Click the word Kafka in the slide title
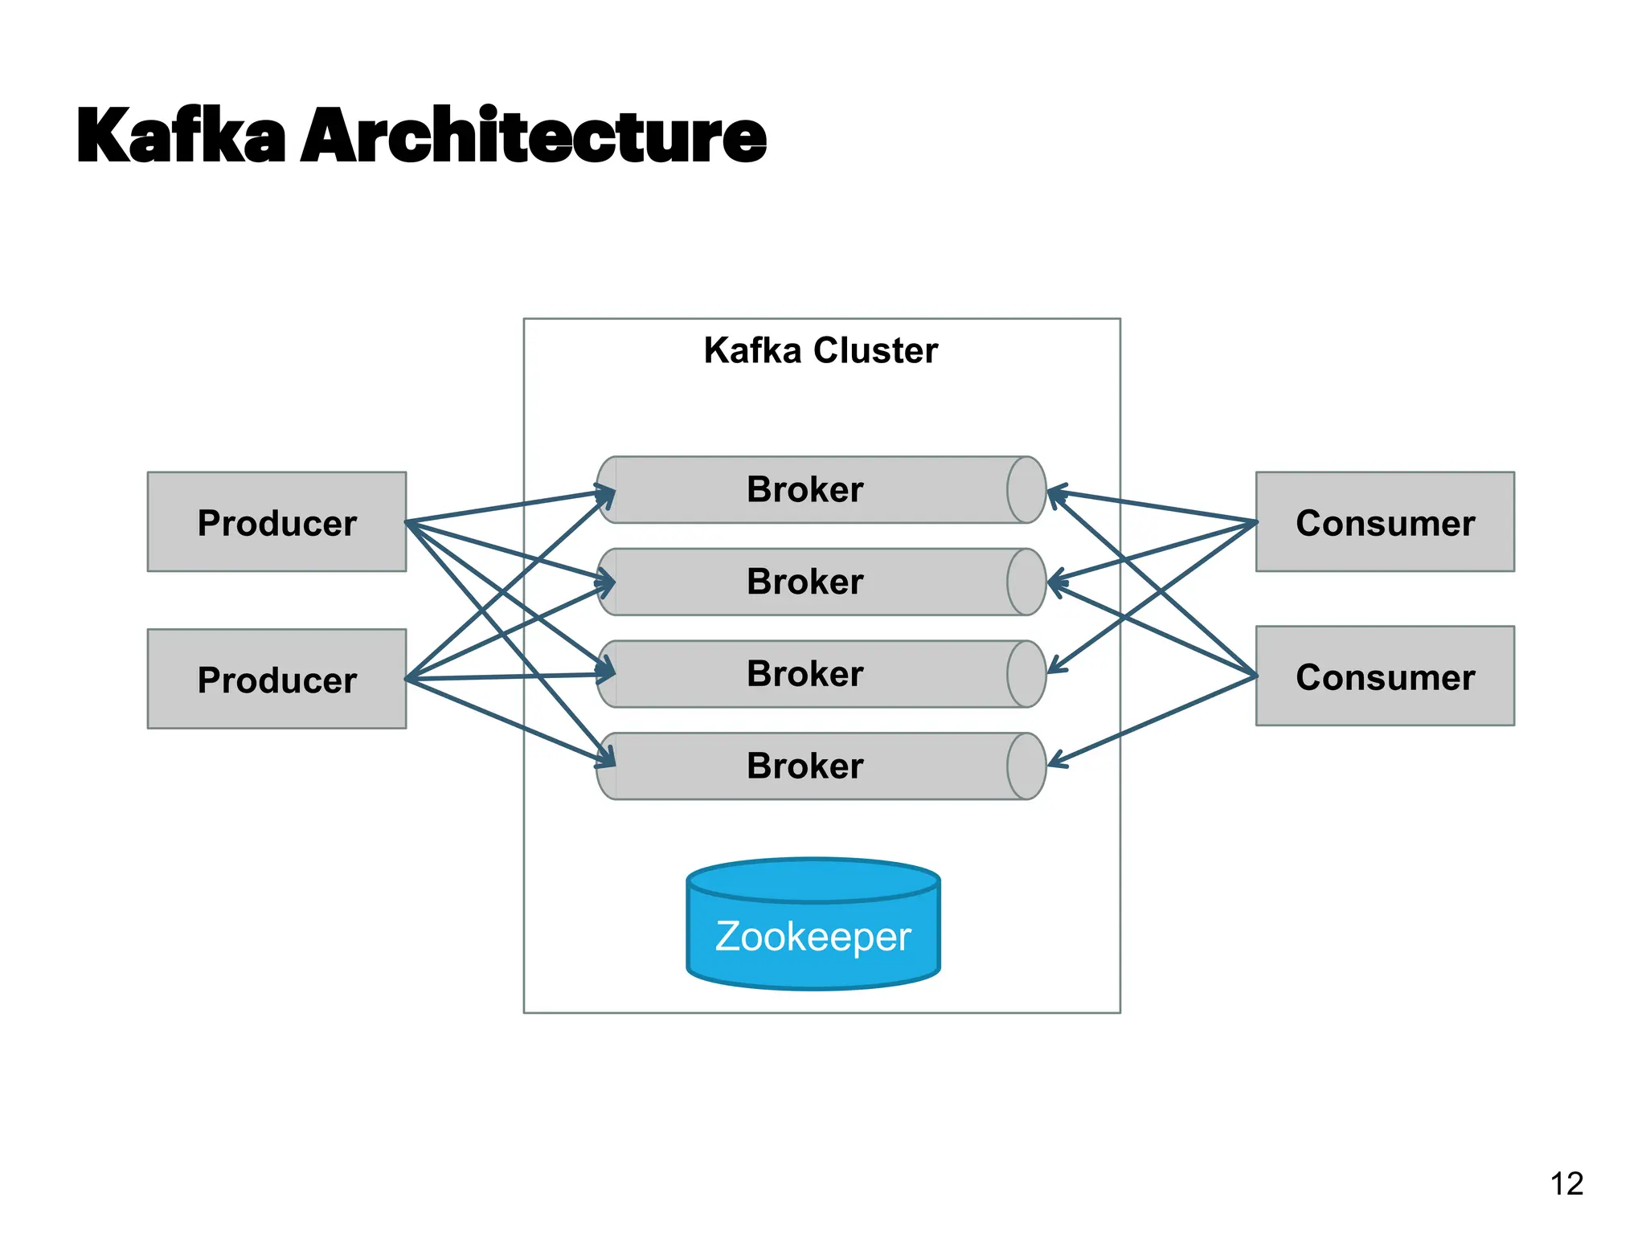click(181, 136)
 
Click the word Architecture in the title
click(534, 136)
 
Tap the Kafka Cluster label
click(821, 350)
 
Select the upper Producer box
click(276, 522)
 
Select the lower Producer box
click(276, 679)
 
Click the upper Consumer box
click(1384, 522)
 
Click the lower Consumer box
click(1384, 676)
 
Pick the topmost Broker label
click(805, 489)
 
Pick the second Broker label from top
click(805, 582)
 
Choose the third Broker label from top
click(805, 673)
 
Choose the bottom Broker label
click(805, 766)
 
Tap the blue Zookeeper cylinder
click(813, 936)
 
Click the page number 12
click(1566, 1183)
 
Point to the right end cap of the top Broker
click(1026, 490)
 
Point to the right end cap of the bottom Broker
click(1026, 766)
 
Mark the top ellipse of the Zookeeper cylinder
click(813, 881)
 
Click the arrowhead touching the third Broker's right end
click(1054, 668)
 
